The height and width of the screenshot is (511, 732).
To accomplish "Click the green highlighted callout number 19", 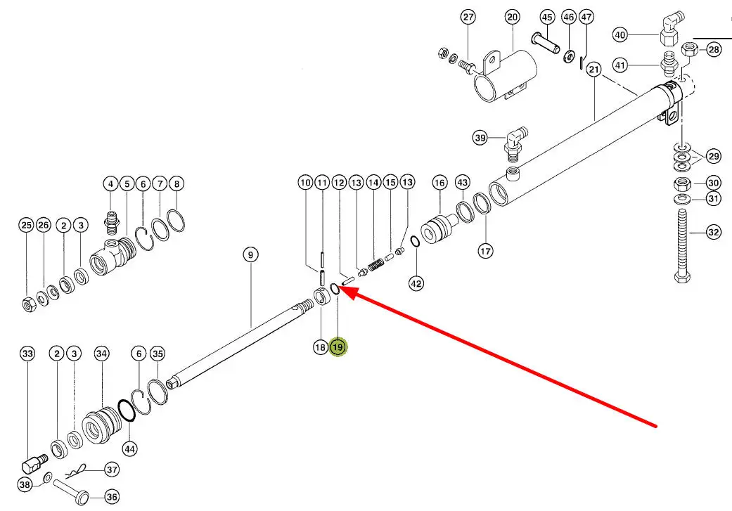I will click(x=338, y=347).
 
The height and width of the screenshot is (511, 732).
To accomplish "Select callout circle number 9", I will click(x=251, y=254).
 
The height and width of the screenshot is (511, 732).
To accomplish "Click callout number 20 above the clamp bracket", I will click(x=511, y=18).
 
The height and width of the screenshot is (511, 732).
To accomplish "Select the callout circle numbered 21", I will click(x=594, y=69).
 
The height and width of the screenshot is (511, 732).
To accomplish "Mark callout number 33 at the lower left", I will click(x=27, y=354).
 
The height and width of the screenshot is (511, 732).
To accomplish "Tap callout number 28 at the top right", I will click(x=714, y=49).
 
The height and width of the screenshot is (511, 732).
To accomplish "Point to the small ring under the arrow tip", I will click(x=335, y=289).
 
